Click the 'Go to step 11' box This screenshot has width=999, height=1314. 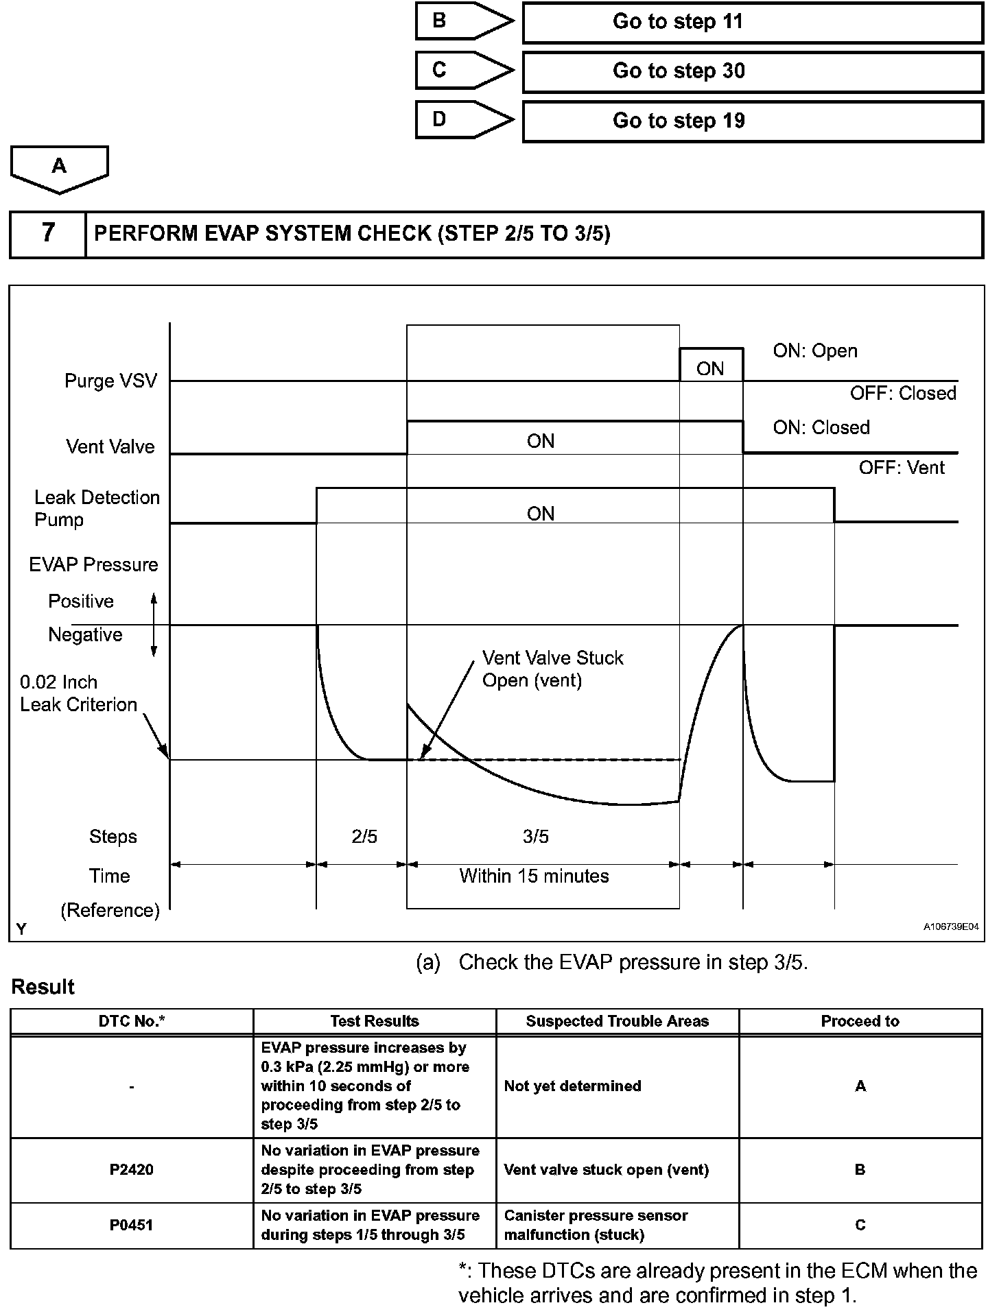(x=753, y=22)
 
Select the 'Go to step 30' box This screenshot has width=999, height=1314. (x=753, y=71)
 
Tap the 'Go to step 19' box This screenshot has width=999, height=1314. (x=753, y=121)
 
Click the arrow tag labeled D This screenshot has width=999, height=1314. (x=463, y=120)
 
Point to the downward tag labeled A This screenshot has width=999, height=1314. (x=60, y=168)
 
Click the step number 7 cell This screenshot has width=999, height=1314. (x=47, y=233)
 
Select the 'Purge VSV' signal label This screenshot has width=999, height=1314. (x=110, y=381)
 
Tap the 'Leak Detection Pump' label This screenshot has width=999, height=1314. (x=97, y=508)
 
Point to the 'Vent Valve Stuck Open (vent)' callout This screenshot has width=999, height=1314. (x=552, y=669)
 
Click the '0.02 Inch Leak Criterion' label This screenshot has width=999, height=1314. (x=78, y=693)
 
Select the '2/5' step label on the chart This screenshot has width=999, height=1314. (x=364, y=837)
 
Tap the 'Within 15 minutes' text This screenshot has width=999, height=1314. (x=534, y=876)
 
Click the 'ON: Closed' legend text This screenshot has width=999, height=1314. (x=821, y=427)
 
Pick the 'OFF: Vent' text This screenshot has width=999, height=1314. (x=902, y=468)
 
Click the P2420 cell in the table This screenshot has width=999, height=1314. (x=131, y=1170)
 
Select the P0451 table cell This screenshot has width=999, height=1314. (x=131, y=1225)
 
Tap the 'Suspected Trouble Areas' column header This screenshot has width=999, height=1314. (x=617, y=1021)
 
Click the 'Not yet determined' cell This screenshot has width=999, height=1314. (x=617, y=1086)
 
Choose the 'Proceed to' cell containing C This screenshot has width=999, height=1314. (x=860, y=1225)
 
